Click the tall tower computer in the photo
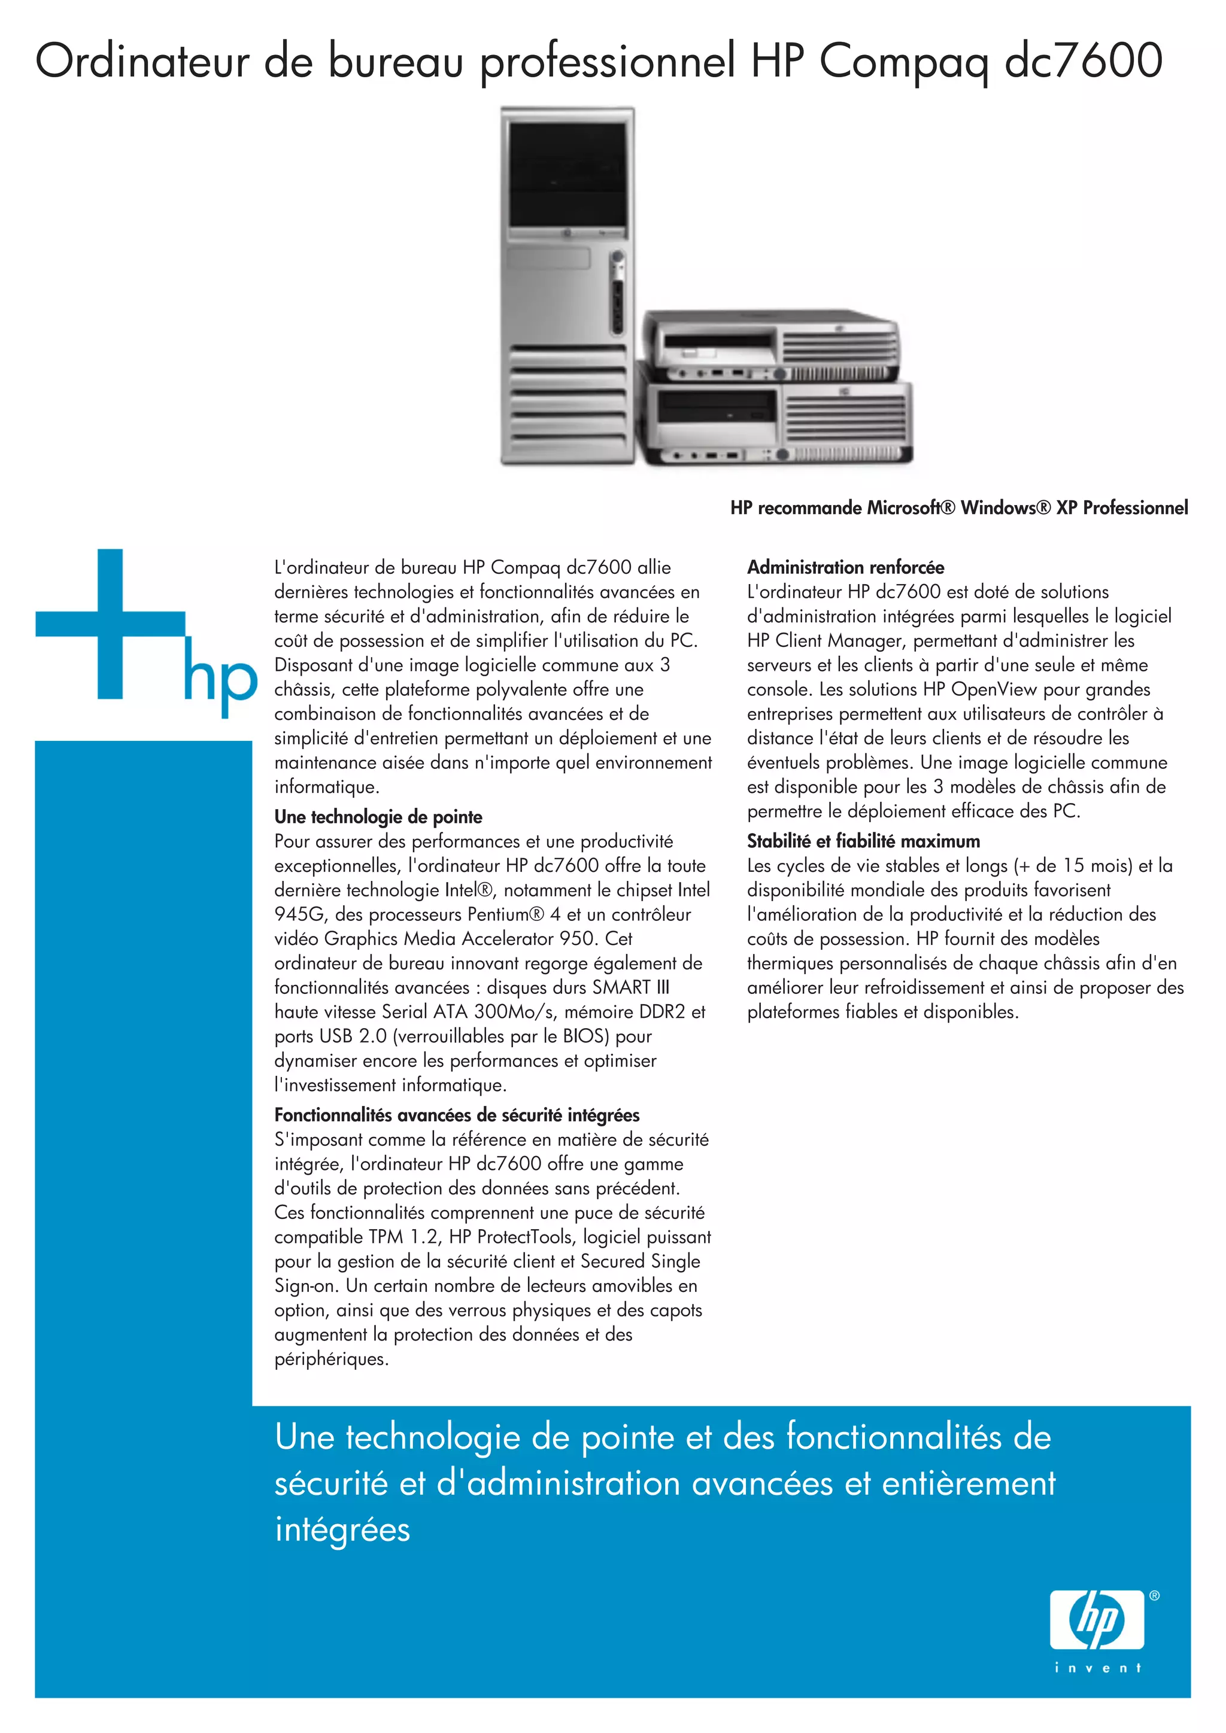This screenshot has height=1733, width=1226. coord(566,287)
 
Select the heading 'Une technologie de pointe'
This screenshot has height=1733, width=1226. coord(378,817)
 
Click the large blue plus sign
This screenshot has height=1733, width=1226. coord(110,624)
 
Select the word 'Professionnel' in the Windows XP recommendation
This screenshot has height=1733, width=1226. coord(1136,508)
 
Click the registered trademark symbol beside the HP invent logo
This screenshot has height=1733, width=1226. coord(1154,1597)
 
